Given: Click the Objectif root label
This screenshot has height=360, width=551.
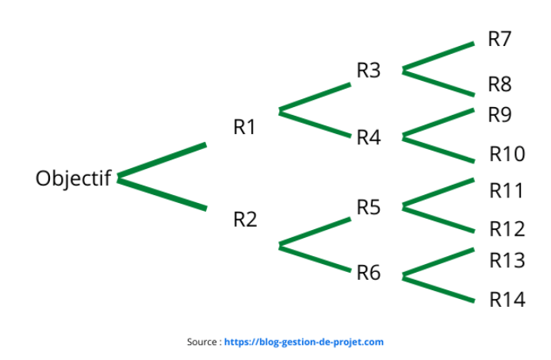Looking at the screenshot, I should tap(73, 178).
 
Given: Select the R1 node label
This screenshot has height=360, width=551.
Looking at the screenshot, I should tap(244, 127).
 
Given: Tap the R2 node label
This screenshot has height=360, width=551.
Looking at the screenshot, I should tap(245, 219).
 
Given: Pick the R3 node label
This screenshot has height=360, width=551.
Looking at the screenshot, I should tap(369, 71).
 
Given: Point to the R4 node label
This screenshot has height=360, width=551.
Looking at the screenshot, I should tap(369, 138).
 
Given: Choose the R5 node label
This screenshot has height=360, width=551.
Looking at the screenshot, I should tap(369, 208).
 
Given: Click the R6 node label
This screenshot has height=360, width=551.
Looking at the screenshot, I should tap(369, 274).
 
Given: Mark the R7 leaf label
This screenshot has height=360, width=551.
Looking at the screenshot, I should tap(499, 39).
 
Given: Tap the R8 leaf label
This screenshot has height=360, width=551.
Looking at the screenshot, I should tap(499, 84).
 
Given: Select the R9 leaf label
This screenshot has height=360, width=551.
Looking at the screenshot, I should tap(499, 116).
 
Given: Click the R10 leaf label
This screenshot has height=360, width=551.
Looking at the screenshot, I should tap(507, 154).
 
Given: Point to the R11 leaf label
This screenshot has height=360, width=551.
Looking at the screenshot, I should tap(507, 191).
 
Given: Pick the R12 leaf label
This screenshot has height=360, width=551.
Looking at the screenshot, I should tap(507, 229).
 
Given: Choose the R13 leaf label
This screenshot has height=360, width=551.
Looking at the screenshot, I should tap(507, 260).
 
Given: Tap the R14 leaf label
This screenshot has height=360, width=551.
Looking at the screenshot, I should tap(507, 300).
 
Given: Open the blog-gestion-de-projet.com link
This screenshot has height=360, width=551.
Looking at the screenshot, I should tap(304, 343).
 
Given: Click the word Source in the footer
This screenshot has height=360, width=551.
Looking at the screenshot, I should tap(201, 343).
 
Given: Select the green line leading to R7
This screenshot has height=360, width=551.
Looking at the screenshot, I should tap(438, 56).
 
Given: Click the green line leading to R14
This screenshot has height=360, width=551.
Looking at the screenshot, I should tap(438, 289).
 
